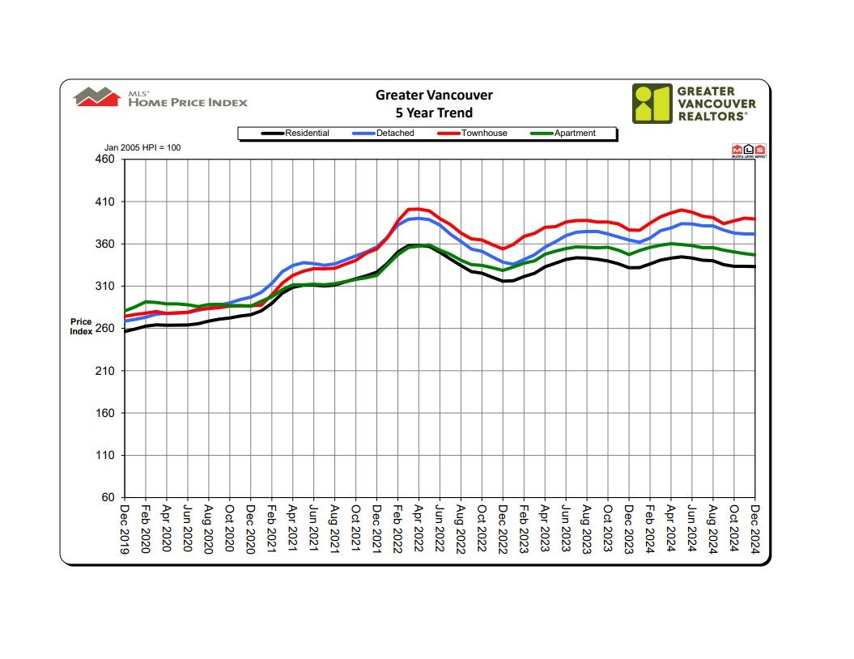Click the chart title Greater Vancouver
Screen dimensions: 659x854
[434, 96]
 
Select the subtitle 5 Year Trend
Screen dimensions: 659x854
[434, 113]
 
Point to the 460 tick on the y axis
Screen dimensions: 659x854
[105, 159]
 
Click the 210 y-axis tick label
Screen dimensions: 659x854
[105, 371]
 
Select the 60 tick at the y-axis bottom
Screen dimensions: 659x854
[108, 498]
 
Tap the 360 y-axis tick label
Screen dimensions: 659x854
[105, 244]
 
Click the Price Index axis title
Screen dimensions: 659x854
[81, 327]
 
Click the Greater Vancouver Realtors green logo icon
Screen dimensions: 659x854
[652, 104]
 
